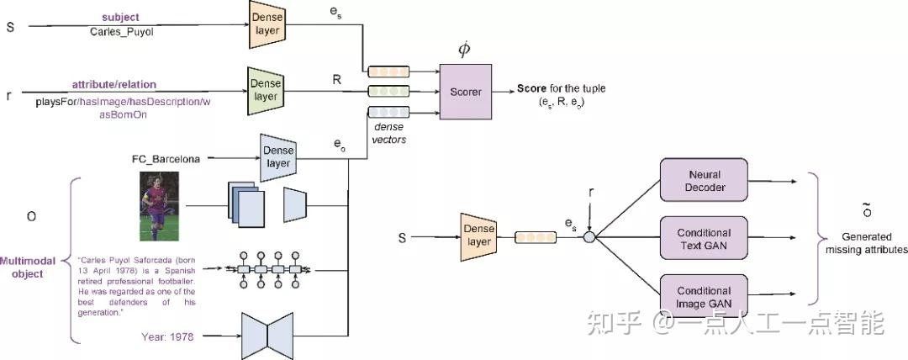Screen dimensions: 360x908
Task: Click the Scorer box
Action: tap(464, 91)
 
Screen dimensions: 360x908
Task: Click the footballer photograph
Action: tap(159, 205)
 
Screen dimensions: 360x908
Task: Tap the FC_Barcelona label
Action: tap(166, 157)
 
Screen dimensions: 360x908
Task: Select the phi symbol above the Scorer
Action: tap(463, 50)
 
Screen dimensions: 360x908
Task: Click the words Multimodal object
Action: tap(28, 267)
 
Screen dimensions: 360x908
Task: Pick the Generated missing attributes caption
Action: tap(866, 244)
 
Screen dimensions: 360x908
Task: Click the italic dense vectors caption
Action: tap(388, 133)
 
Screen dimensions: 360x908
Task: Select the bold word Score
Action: tap(531, 88)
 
